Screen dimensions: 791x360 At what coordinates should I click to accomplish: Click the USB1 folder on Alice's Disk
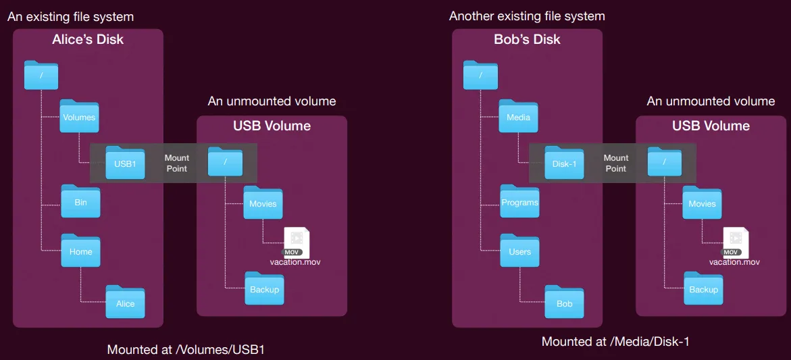[x=125, y=162]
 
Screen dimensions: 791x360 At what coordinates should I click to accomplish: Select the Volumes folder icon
[x=79, y=116]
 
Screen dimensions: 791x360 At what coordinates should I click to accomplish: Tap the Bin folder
[x=80, y=201]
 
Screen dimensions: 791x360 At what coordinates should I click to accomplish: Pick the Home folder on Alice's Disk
[x=80, y=251]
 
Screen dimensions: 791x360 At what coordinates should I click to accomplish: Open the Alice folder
[x=125, y=302]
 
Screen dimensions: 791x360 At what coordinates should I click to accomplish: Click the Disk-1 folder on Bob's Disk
[x=565, y=162]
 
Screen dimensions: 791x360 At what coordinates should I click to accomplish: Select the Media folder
[x=519, y=116]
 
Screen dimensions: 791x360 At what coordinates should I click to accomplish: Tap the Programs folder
[x=519, y=201]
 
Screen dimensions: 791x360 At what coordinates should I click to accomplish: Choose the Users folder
[x=519, y=251]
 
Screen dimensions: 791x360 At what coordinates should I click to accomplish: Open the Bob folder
[x=565, y=302]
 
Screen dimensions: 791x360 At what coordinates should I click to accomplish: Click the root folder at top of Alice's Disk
[x=41, y=75]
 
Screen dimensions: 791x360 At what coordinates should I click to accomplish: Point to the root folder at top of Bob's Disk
[x=481, y=75]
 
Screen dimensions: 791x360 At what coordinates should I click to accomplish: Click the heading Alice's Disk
[x=88, y=39]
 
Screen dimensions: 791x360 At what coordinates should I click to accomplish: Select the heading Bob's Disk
[x=527, y=39]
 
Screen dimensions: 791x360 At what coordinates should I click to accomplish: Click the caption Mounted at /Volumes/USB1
[x=186, y=349]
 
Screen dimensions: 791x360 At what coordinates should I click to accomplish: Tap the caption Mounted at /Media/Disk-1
[x=615, y=341]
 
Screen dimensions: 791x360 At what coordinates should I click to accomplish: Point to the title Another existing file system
[x=527, y=16]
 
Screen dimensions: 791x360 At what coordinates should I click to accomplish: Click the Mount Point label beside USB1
[x=176, y=163]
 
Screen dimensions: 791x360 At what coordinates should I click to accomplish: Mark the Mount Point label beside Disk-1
[x=616, y=163]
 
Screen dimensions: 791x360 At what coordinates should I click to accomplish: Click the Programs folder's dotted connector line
[x=490, y=205]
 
